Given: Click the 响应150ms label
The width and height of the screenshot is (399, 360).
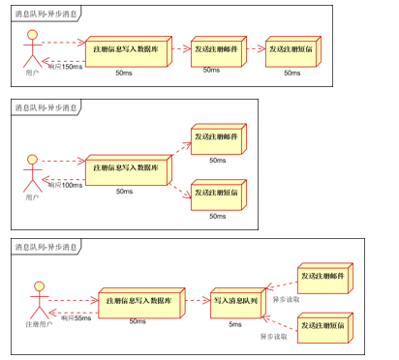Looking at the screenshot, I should click(x=65, y=66).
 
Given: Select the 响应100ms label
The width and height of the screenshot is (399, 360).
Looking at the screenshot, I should click(x=65, y=185).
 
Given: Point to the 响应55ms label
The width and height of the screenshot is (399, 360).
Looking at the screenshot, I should click(x=76, y=318).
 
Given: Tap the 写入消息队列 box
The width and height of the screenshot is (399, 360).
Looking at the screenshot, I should click(x=236, y=302).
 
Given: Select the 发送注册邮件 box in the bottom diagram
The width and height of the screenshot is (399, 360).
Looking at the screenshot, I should click(x=323, y=277).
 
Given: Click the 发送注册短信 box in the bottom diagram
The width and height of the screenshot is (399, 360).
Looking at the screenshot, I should click(x=323, y=327).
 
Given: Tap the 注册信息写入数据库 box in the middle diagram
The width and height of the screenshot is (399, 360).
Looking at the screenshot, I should click(x=125, y=168).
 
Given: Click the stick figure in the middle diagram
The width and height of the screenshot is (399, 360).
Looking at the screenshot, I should click(x=33, y=169).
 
